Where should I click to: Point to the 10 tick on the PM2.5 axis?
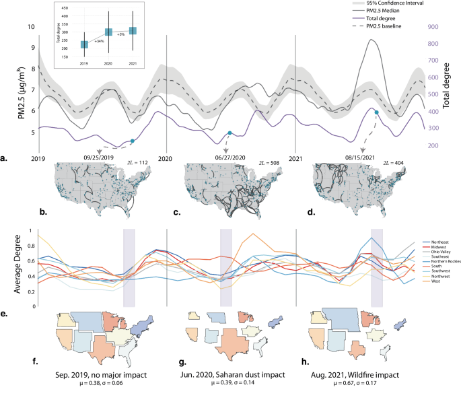[x=30, y=27]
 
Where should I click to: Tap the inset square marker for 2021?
[x=133, y=30]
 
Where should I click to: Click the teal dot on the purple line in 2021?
[x=376, y=112]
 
